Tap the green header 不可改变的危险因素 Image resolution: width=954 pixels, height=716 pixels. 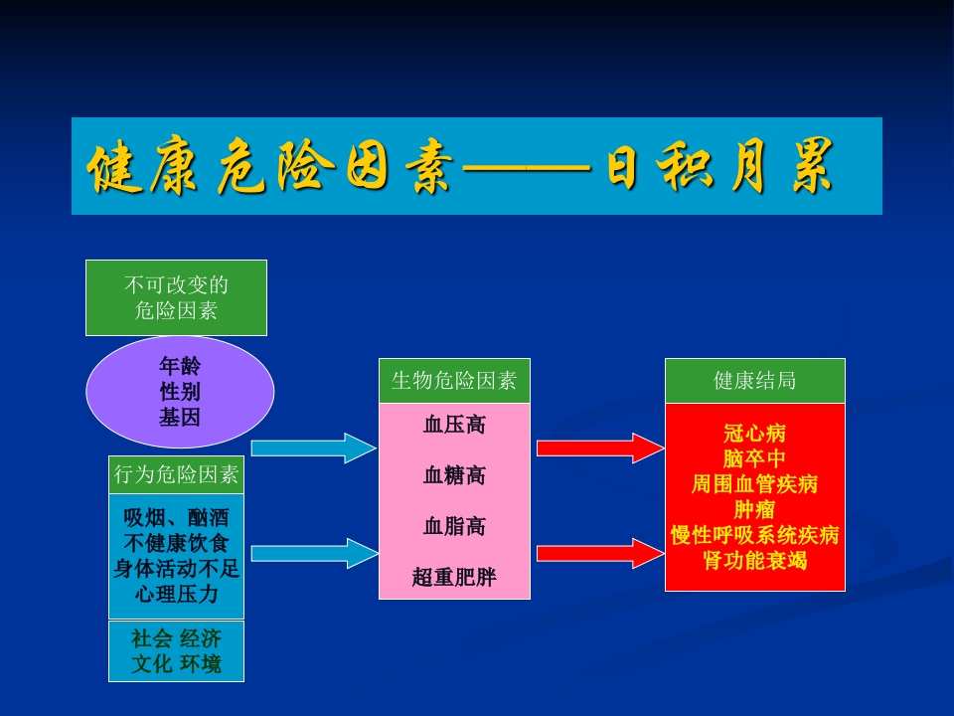pos(176,297)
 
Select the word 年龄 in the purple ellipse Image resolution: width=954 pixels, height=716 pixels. pos(180,366)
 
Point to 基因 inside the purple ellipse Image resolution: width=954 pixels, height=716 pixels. pos(180,418)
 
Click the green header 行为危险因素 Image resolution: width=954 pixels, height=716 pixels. pos(176,475)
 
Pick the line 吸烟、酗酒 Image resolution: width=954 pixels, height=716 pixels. pos(176,518)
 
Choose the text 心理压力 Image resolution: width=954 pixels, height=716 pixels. pos(176,595)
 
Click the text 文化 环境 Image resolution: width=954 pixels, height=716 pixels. pos(176,664)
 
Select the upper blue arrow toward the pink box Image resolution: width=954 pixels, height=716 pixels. pos(313,448)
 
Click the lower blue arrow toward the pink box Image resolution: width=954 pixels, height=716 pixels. pos(313,553)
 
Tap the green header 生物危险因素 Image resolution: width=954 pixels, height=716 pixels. pos(454,381)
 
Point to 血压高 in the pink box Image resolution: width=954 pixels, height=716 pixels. pos(454,425)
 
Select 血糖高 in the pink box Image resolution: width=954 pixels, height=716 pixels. pos(454,475)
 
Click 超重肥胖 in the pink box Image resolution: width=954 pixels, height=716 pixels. pos(454,576)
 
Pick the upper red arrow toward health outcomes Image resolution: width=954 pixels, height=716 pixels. pos(599,448)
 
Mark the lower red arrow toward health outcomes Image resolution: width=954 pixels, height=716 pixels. pos(599,553)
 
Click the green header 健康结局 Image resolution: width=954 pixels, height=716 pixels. pos(754,381)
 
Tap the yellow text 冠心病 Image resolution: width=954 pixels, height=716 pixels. pos(754,434)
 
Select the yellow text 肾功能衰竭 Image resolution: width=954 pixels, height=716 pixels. pos(754,561)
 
